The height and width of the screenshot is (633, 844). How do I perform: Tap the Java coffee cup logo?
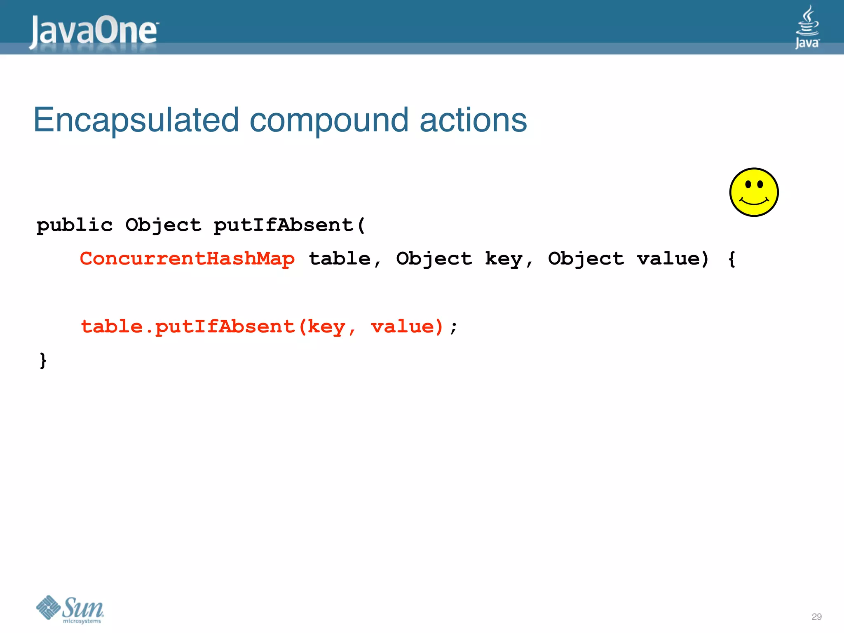(x=807, y=27)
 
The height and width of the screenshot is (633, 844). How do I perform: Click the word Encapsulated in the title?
(x=136, y=120)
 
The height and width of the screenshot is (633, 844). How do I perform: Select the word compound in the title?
(x=329, y=120)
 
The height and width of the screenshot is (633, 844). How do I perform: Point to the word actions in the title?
(x=473, y=120)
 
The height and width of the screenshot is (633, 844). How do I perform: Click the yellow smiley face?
(x=754, y=192)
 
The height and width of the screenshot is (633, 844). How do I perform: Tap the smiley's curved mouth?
(x=754, y=202)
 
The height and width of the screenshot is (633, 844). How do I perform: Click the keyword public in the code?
(x=74, y=225)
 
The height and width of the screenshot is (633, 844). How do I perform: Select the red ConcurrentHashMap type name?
(x=187, y=259)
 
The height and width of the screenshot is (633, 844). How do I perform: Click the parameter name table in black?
(x=340, y=259)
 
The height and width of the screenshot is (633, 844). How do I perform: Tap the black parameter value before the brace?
(x=668, y=259)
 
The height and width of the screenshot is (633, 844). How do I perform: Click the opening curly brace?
(x=731, y=259)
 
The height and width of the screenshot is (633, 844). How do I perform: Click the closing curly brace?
(x=43, y=361)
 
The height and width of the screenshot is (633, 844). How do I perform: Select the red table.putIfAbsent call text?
(x=188, y=327)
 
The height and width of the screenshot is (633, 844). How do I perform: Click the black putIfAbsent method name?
(x=284, y=225)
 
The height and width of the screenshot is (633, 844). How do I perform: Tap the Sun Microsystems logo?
(x=70, y=609)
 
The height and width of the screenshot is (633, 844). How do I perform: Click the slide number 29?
(x=816, y=617)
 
